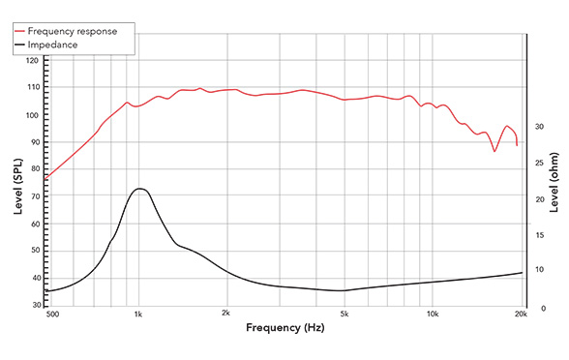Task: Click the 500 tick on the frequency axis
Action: click(52, 315)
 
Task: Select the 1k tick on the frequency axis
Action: click(138, 315)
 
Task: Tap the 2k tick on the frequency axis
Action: click(225, 315)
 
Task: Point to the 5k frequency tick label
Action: click(344, 315)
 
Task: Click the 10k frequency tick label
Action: click(433, 315)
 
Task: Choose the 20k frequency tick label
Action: click(521, 315)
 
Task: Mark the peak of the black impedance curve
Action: click(140, 189)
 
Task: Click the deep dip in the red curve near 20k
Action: click(494, 151)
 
